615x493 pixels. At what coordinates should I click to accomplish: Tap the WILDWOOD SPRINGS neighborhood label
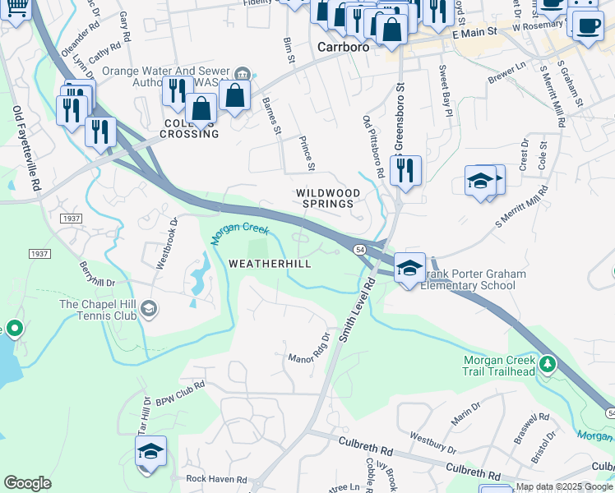(x=328, y=198)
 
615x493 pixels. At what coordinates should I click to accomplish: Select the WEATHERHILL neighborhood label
(x=270, y=264)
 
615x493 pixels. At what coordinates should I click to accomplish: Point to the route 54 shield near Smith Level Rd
(x=360, y=249)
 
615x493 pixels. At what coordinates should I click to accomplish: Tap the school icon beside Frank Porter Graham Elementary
(x=409, y=267)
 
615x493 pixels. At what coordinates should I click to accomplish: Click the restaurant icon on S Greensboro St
(x=405, y=170)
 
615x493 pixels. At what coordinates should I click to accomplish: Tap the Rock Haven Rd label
(x=216, y=479)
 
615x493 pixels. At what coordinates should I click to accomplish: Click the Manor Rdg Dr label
(x=308, y=351)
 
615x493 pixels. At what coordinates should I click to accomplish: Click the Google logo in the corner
(x=27, y=483)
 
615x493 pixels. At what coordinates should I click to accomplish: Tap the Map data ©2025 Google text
(x=564, y=487)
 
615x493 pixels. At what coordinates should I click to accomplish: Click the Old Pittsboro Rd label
(x=373, y=146)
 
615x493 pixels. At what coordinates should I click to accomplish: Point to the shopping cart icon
(x=15, y=8)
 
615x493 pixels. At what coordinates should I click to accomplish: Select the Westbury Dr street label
(x=432, y=443)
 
